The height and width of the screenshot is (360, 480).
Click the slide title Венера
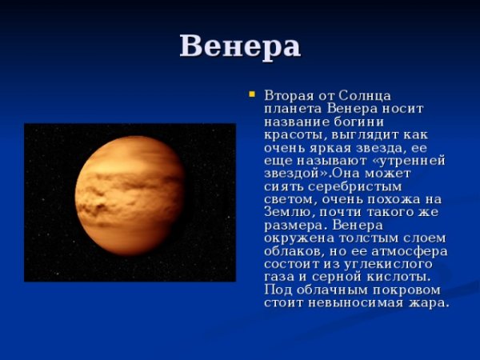(240, 46)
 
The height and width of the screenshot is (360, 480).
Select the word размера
(292, 225)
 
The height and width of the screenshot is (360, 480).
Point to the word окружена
(297, 238)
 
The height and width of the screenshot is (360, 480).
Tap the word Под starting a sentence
(277, 290)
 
